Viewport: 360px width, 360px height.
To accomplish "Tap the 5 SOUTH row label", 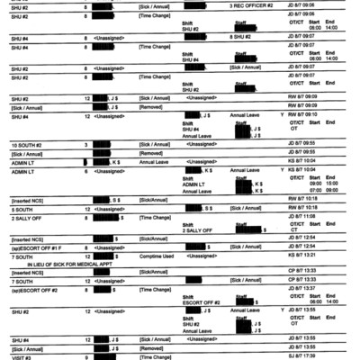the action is pyautogui.click(x=20, y=207).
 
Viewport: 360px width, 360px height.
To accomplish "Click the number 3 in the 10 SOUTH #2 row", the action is pyautogui.click(x=85, y=144).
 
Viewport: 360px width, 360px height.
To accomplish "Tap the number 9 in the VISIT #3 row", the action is pyautogui.click(x=85, y=356).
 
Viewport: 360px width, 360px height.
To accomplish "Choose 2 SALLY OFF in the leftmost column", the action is pyautogui.click(x=22, y=216).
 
